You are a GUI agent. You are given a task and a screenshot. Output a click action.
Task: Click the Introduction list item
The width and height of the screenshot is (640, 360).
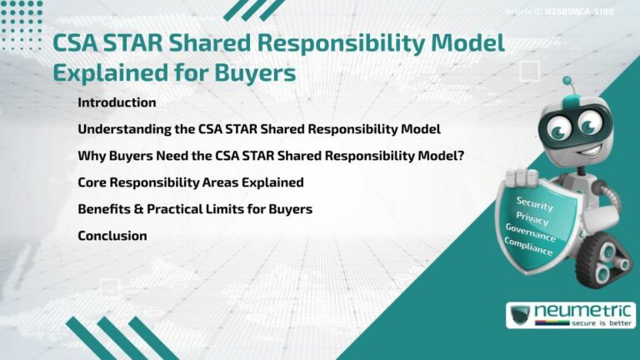click(117, 103)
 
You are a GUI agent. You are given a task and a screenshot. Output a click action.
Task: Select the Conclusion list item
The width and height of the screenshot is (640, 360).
click(112, 236)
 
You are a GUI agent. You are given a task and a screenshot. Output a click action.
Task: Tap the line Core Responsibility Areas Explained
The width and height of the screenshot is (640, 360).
click(190, 182)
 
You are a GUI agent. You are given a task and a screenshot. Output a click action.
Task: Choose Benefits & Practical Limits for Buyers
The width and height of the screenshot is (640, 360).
click(195, 209)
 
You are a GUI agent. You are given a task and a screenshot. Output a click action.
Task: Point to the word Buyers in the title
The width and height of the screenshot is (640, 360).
click(254, 73)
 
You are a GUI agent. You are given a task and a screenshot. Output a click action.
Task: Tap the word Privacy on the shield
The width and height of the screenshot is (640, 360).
click(532, 218)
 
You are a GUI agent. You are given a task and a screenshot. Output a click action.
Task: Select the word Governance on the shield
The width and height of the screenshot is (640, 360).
click(531, 232)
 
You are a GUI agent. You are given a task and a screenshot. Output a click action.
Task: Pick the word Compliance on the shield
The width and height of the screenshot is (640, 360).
click(528, 247)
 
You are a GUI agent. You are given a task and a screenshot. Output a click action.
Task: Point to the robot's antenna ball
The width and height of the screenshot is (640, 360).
click(567, 82)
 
